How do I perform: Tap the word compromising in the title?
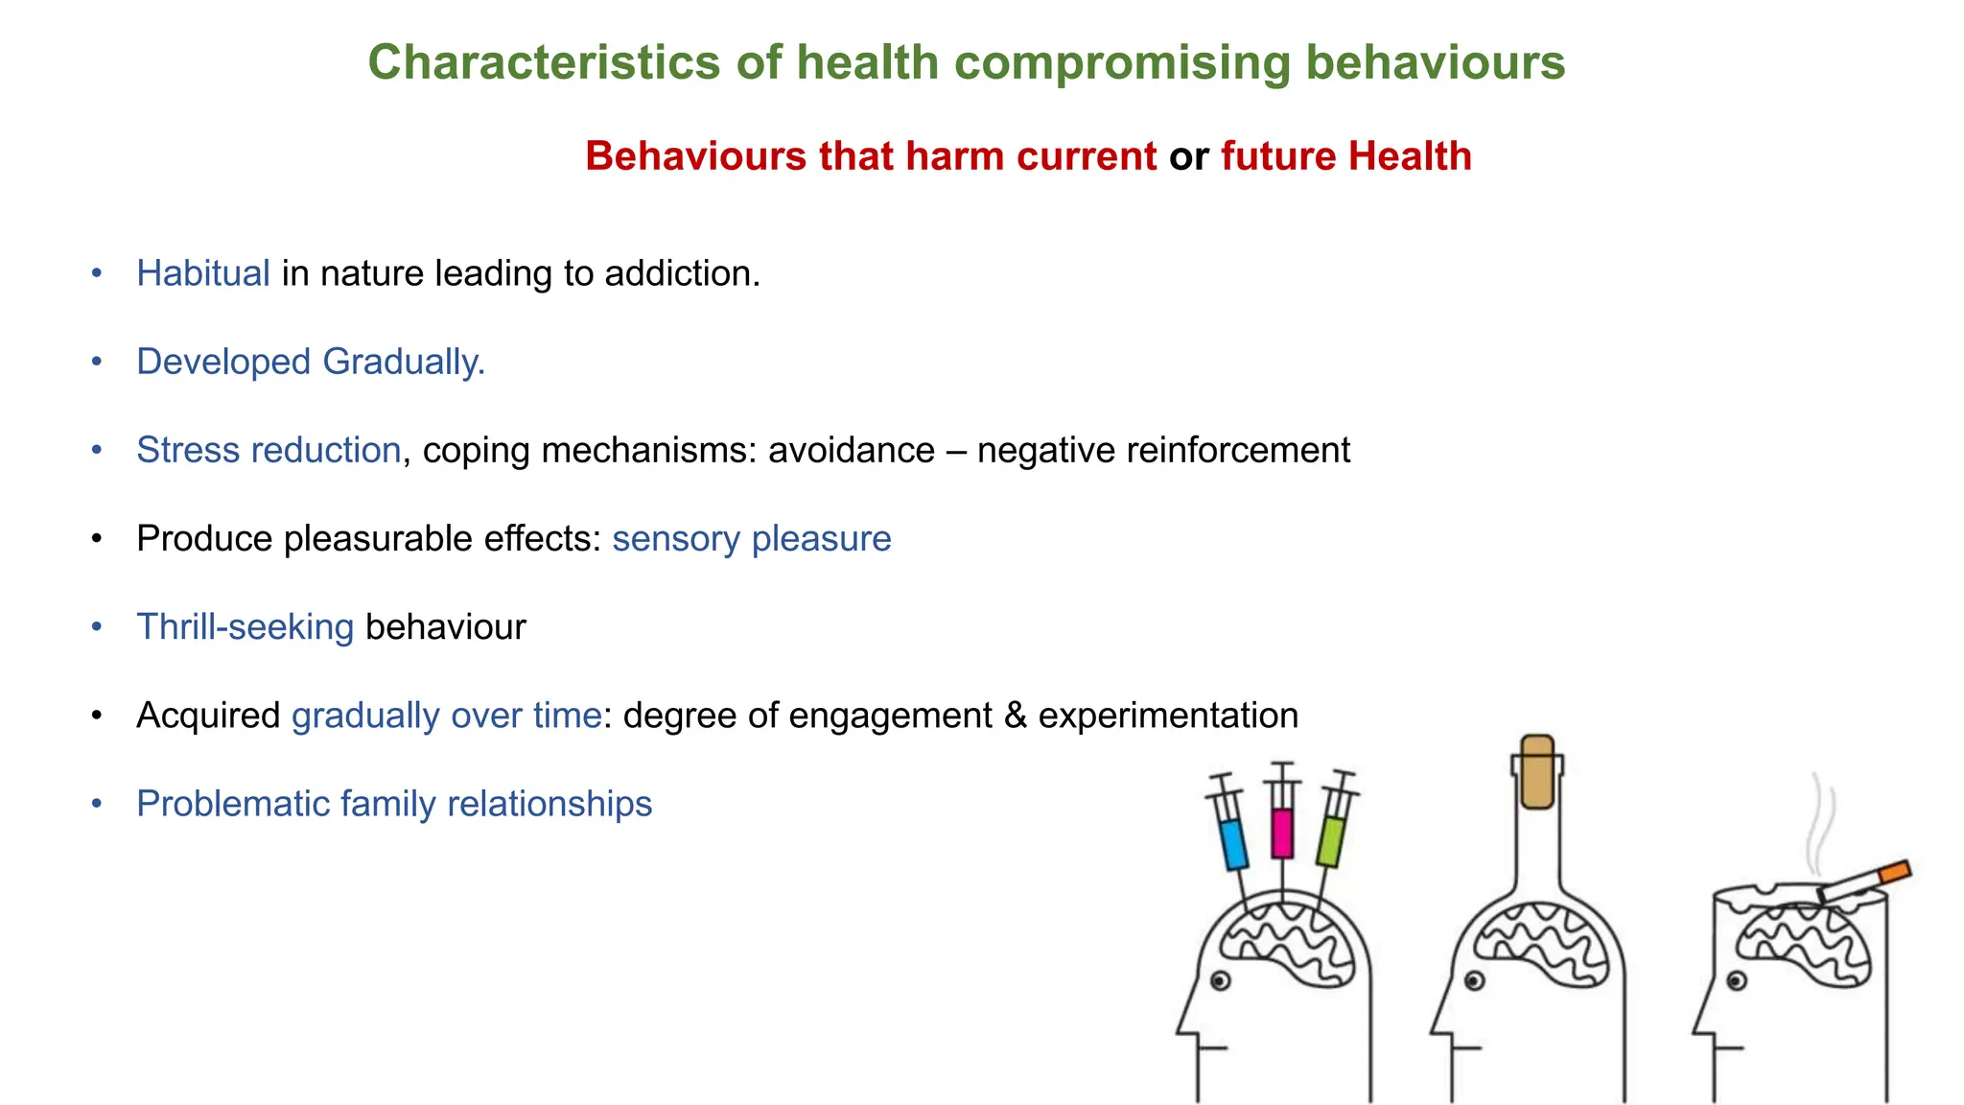[1122, 63]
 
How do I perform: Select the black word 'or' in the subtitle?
[1188, 156]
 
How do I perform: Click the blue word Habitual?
[203, 273]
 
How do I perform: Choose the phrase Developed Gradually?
[311, 362]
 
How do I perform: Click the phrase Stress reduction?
[269, 450]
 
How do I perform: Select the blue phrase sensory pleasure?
[752, 538]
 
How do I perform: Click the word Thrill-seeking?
[245, 626]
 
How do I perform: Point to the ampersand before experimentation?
[1016, 716]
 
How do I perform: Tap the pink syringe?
[1282, 832]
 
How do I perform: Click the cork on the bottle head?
[1537, 772]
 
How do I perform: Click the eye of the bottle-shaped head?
[1475, 980]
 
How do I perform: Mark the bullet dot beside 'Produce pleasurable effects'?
[96, 539]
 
